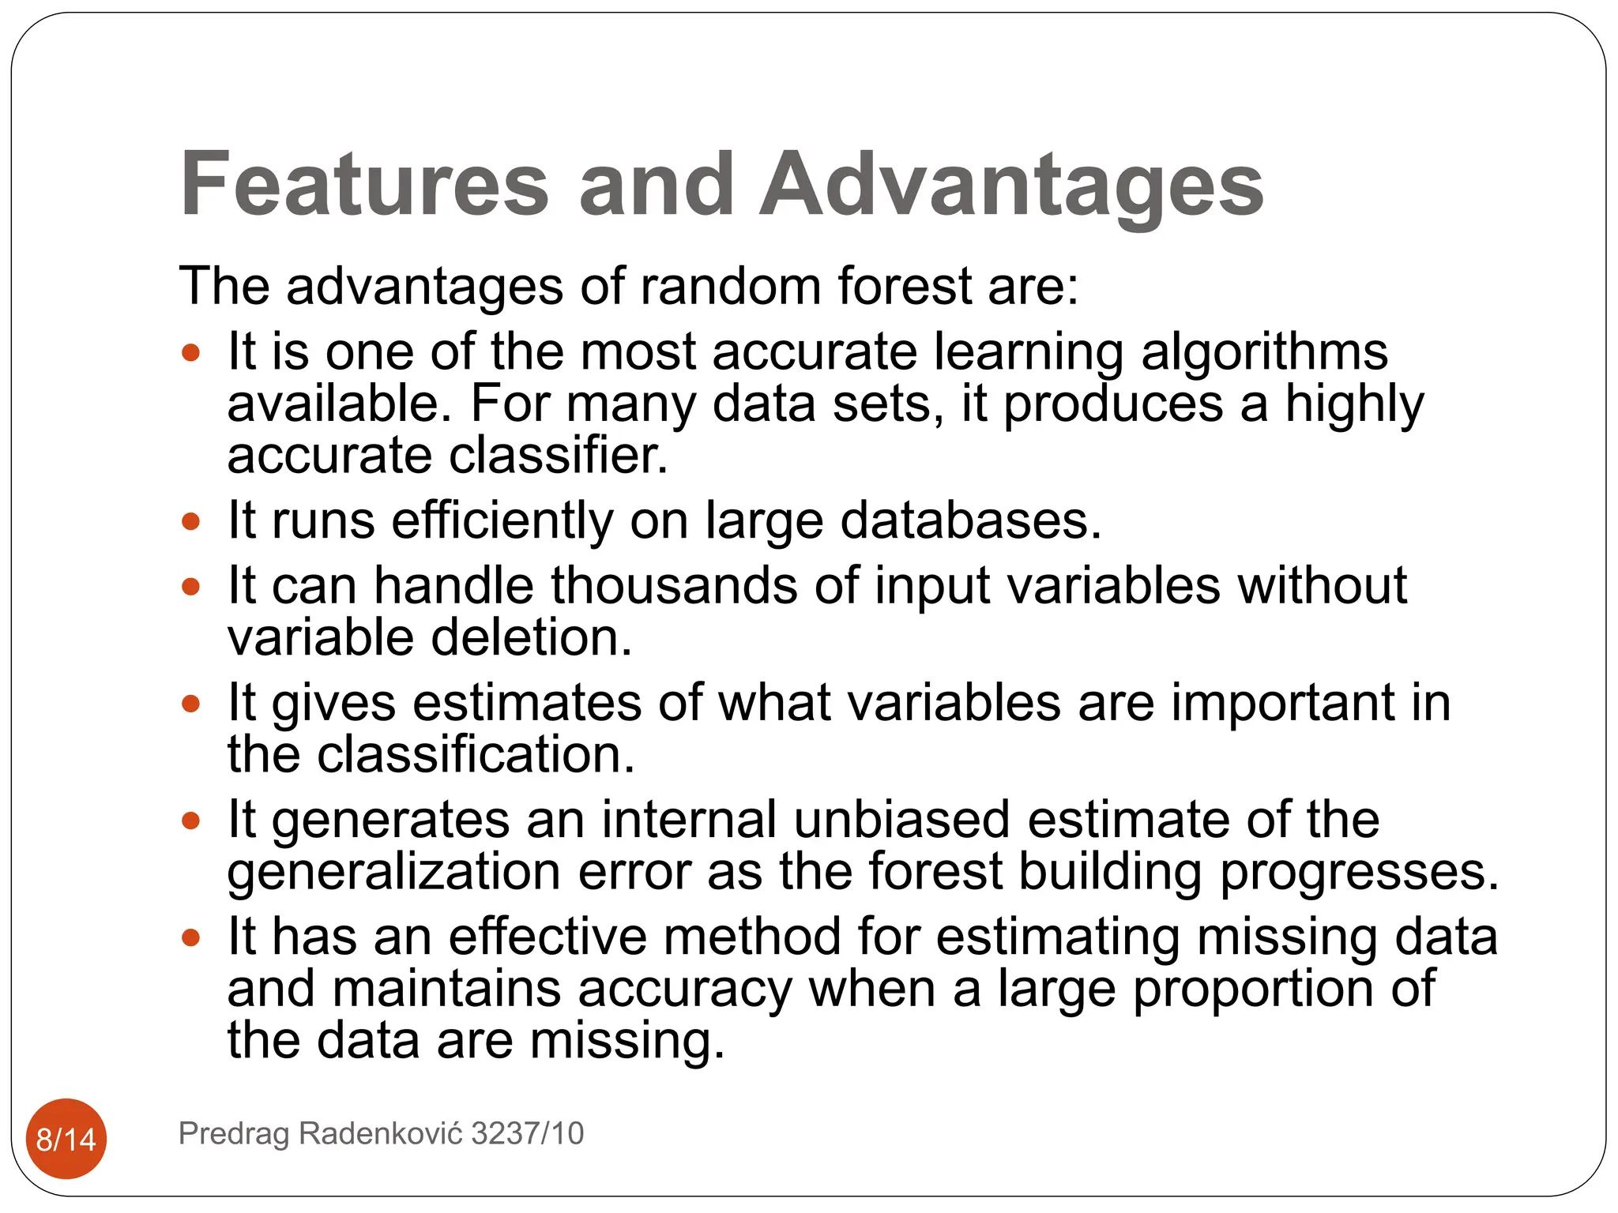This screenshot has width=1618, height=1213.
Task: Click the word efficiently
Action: pos(502,520)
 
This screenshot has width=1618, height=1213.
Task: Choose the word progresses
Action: pos(1359,872)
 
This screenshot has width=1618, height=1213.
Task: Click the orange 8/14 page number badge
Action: pos(66,1139)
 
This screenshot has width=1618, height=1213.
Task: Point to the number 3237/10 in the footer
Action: pos(527,1133)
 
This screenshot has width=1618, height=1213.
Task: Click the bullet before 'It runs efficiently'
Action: pos(190,521)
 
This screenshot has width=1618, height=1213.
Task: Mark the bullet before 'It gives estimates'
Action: pos(190,703)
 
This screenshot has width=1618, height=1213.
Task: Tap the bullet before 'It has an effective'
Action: pos(190,937)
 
